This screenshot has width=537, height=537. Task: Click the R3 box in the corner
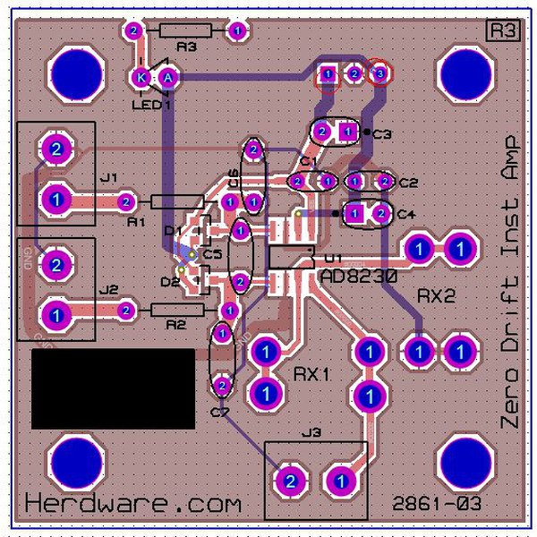[502, 30]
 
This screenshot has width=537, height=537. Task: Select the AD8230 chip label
[358, 278]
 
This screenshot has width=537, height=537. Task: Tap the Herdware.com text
[133, 503]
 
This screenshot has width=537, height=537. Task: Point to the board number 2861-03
[437, 504]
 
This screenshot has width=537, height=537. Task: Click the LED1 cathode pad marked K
[141, 78]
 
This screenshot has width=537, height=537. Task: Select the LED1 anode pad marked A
[168, 78]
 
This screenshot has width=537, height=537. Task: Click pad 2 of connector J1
[55, 149]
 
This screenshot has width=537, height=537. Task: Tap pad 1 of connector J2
[55, 315]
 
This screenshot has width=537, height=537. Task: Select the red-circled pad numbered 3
[379, 72]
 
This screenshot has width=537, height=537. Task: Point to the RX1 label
[312, 372]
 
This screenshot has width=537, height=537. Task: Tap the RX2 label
[437, 295]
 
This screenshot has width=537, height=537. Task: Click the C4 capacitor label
[405, 215]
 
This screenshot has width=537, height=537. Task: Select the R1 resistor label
[136, 219]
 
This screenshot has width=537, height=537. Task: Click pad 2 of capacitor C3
[321, 132]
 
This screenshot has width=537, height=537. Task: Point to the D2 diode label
[169, 283]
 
